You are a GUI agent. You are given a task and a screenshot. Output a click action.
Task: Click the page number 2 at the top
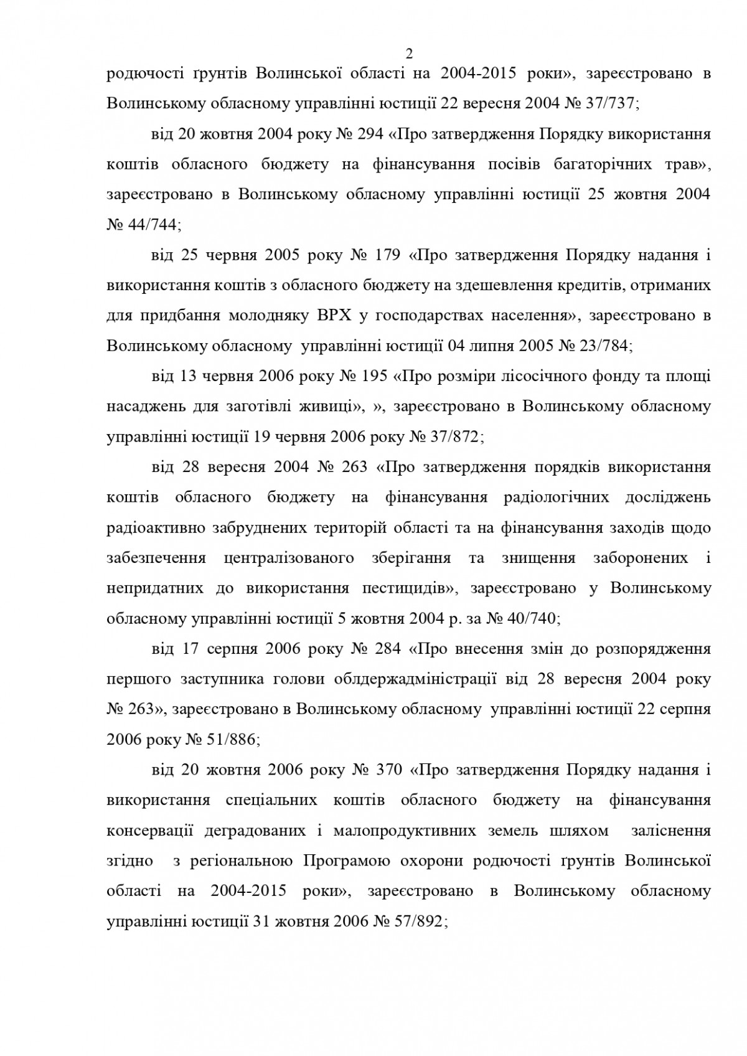click(x=409, y=54)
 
